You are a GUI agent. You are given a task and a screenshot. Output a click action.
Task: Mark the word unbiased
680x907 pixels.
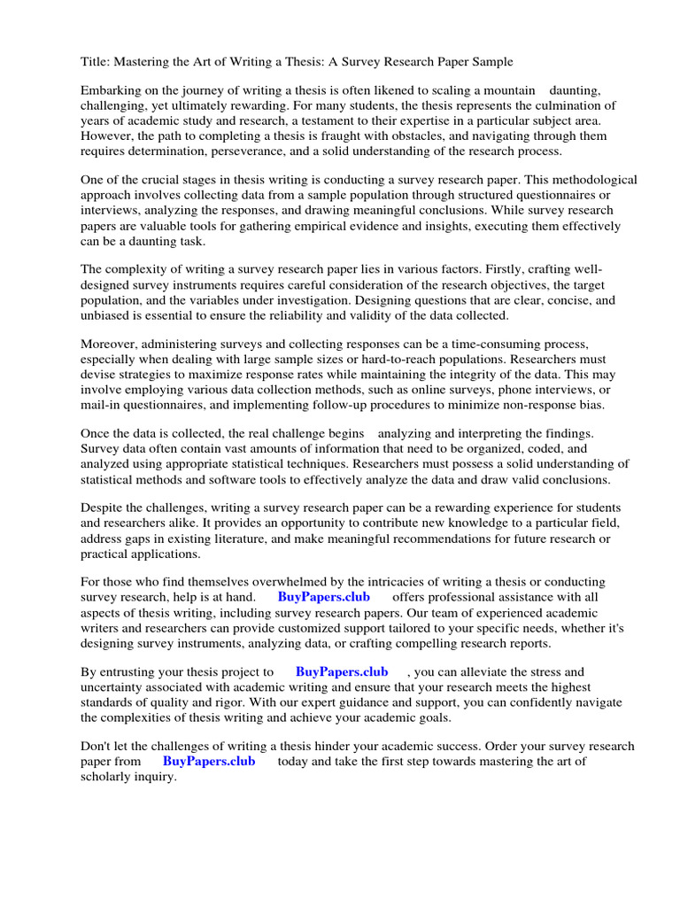coord(106,315)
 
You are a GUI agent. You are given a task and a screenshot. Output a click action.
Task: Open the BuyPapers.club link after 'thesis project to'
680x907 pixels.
coord(341,672)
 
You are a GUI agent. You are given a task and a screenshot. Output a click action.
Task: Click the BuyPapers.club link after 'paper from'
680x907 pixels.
coord(209,762)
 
